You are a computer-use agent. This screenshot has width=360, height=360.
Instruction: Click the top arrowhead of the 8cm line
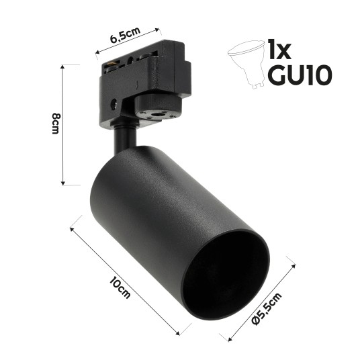(63, 66)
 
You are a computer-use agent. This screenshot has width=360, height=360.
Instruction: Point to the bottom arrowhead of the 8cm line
(63, 183)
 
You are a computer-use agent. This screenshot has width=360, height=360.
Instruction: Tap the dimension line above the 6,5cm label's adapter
(128, 41)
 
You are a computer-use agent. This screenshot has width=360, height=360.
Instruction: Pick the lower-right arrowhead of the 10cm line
(180, 332)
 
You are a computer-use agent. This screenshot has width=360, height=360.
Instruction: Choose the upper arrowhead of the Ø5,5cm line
(294, 265)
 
